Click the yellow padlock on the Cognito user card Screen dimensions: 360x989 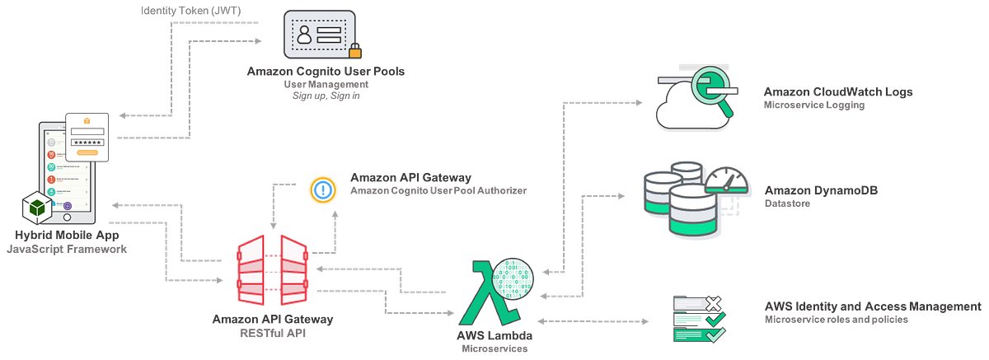[355, 48]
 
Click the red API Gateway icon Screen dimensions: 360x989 [272, 267]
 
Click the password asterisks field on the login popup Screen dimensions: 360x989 [87, 141]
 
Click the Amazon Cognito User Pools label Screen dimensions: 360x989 [326, 72]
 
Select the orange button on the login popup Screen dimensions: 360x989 [87, 152]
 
